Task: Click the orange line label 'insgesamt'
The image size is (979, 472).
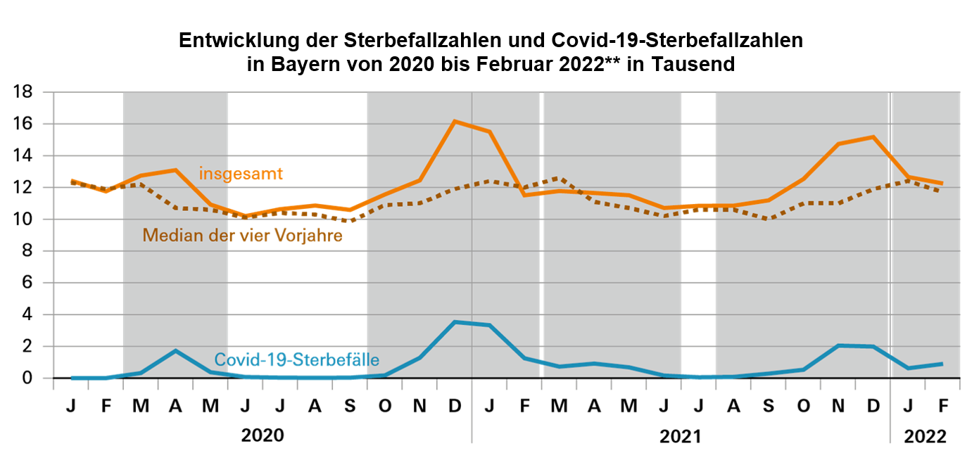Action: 241,173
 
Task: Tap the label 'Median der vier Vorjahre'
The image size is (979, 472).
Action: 242,236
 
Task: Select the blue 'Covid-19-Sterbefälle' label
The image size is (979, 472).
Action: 297,360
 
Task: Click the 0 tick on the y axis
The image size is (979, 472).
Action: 29,378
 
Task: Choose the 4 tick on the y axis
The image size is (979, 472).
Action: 29,315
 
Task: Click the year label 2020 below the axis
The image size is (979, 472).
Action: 263,435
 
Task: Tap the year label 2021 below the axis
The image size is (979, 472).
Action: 680,436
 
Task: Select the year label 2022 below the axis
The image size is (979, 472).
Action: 926,436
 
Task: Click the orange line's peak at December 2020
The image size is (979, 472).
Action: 455,121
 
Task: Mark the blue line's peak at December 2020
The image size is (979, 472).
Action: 455,322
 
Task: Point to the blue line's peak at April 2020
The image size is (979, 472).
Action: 175,350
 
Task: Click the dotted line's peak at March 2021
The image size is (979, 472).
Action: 559,178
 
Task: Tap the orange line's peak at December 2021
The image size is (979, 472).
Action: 873,136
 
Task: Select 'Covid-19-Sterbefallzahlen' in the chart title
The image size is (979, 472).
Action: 673,40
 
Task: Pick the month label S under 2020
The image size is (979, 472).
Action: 350,407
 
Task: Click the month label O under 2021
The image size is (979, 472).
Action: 803,407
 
